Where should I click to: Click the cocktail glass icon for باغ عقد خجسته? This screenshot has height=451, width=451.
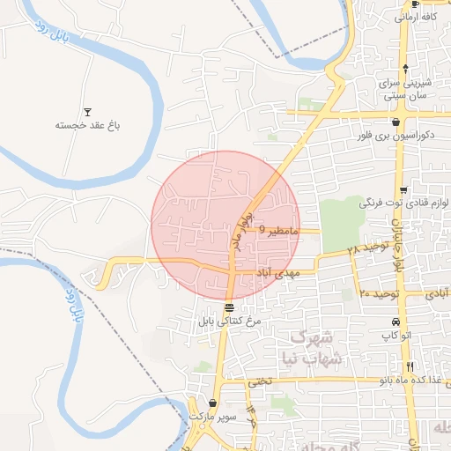(x=87, y=112)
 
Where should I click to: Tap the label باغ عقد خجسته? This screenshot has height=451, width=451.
(x=87, y=125)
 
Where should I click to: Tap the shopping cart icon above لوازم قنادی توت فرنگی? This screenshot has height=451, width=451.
(x=403, y=190)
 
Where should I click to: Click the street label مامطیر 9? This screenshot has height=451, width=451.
(x=281, y=230)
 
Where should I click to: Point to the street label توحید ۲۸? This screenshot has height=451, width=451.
(x=366, y=249)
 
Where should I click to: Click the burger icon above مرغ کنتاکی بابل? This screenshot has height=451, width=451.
(x=229, y=308)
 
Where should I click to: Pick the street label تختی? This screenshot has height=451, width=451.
(x=261, y=381)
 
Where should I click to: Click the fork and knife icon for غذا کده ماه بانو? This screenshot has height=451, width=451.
(x=410, y=366)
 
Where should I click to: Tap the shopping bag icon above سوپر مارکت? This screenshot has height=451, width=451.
(x=212, y=403)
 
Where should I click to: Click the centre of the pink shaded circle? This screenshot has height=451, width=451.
(x=225, y=225)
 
